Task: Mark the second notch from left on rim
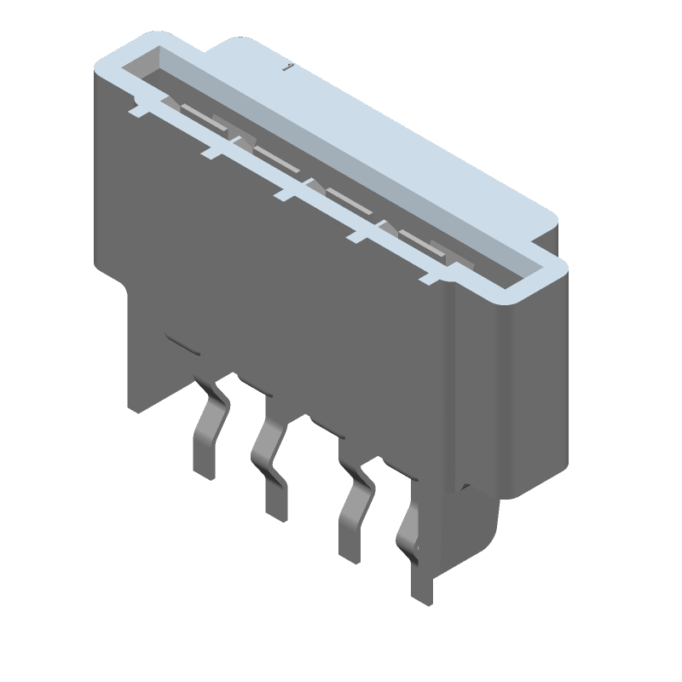click(x=211, y=152)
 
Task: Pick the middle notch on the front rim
click(x=283, y=194)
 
